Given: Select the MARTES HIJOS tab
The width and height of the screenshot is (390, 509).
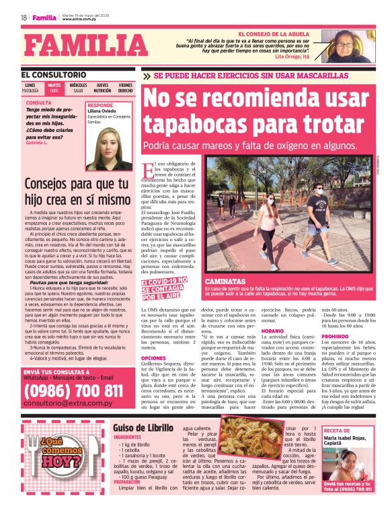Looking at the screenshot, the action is [54, 88].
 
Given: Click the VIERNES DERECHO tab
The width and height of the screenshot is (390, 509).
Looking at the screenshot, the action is [126, 88].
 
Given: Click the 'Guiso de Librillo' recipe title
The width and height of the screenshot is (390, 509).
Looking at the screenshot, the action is [143, 427].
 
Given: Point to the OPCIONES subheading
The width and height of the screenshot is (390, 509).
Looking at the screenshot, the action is [153, 358].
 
